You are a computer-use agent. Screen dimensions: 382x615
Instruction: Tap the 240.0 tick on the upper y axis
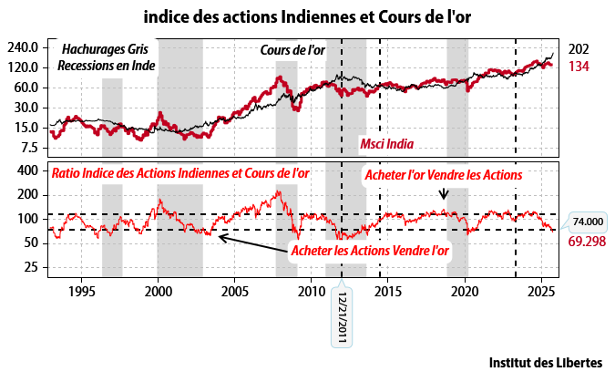tap(24, 47)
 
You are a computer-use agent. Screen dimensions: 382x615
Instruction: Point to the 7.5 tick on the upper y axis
tap(29, 148)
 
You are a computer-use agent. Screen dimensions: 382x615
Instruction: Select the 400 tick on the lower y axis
tap(27, 170)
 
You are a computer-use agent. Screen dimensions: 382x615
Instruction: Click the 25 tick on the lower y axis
tap(31, 267)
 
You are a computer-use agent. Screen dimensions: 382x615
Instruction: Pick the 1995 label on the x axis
tap(81, 292)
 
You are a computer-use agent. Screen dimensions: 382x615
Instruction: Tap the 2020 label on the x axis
tap(465, 292)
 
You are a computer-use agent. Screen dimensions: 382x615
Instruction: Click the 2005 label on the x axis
tap(234, 292)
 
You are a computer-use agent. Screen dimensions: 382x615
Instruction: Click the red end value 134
tap(578, 67)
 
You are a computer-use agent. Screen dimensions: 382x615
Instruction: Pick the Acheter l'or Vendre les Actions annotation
tap(443, 174)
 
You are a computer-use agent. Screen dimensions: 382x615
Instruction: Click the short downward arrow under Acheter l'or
tap(444, 193)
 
